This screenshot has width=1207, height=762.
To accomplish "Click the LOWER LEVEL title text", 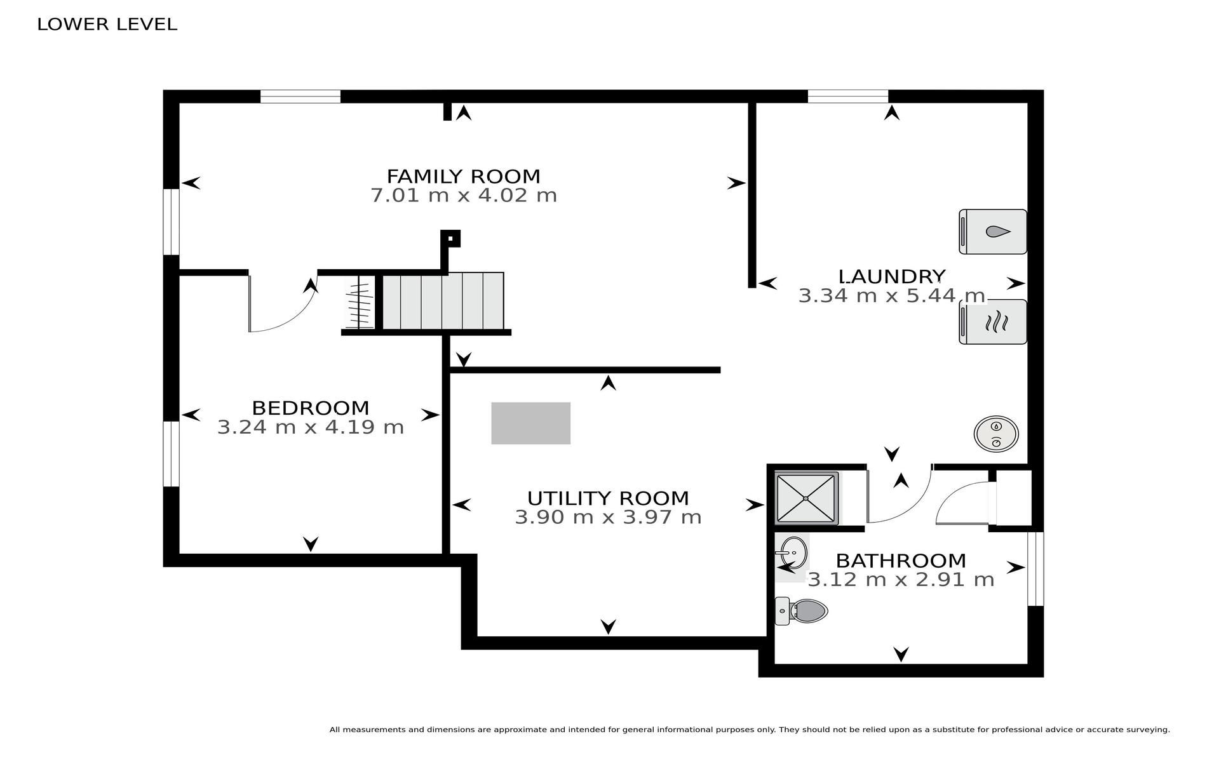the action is [107, 24].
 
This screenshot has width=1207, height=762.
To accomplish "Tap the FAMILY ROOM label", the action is [464, 176].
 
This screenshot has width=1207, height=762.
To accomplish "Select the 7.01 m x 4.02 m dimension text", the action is [464, 195].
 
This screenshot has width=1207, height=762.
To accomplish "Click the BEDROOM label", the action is [311, 408].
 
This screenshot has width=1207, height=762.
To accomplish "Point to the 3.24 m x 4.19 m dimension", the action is [311, 427].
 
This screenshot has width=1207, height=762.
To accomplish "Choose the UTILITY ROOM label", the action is [608, 498].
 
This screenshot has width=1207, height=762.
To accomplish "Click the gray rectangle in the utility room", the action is [530, 423].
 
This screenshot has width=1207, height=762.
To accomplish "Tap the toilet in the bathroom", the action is [801, 611].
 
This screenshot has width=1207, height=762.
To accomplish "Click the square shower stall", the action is [807, 498].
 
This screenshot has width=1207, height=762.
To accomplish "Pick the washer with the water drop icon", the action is [992, 232].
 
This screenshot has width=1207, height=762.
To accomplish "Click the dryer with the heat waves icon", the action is [992, 322].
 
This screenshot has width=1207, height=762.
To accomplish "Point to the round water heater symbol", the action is [996, 434].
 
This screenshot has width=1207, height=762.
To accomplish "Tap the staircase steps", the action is [443, 301].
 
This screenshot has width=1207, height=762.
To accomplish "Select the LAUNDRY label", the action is [892, 277].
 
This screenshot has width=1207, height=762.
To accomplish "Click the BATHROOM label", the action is [901, 561].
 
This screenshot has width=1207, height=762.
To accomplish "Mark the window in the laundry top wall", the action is [847, 97].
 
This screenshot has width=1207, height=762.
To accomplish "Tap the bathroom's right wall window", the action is [1035, 569].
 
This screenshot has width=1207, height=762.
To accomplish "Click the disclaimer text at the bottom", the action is [750, 730].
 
